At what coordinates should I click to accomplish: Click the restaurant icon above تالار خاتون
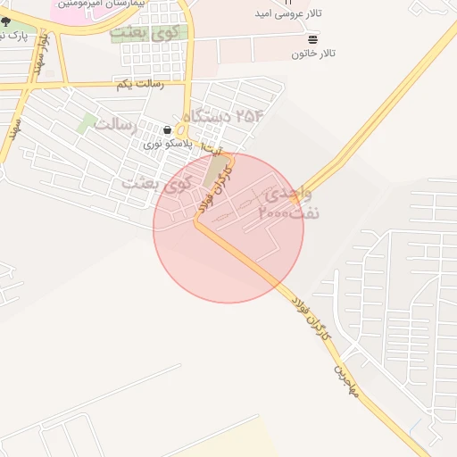[312, 39]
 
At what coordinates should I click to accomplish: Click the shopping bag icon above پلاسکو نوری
[167, 129]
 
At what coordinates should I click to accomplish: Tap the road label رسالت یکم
[139, 83]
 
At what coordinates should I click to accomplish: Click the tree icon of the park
[6, 21]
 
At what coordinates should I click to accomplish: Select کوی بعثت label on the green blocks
[142, 34]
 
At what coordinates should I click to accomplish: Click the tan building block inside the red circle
[213, 171]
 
